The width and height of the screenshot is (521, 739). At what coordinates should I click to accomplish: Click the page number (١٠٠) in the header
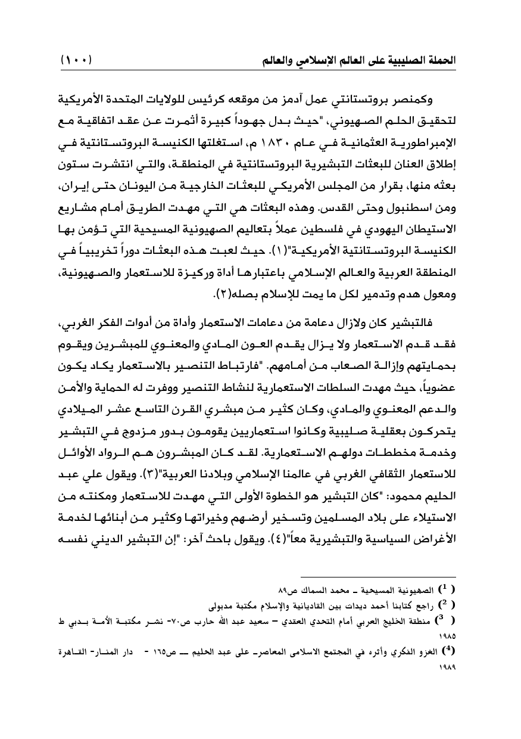tap(80, 60)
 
